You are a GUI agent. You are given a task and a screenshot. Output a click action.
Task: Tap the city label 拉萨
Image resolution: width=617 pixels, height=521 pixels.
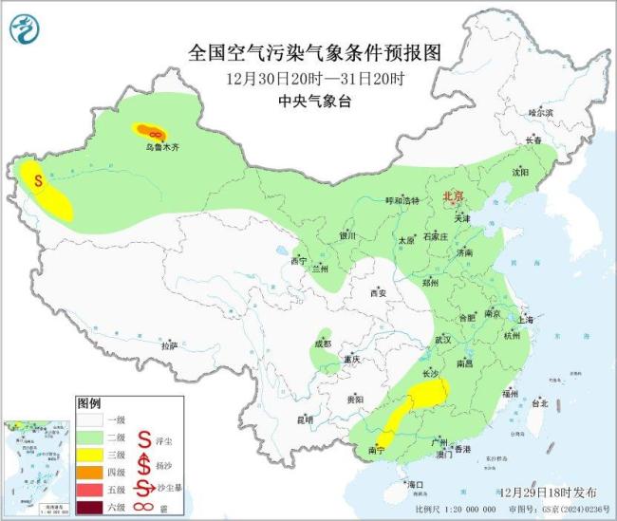pyautogui.click(x=170, y=346)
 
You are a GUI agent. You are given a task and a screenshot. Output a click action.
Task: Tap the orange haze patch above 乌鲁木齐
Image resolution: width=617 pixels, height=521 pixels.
pyautogui.click(x=151, y=132)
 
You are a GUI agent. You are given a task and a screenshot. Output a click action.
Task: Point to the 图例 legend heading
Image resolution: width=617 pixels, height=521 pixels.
pyautogui.click(x=88, y=402)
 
